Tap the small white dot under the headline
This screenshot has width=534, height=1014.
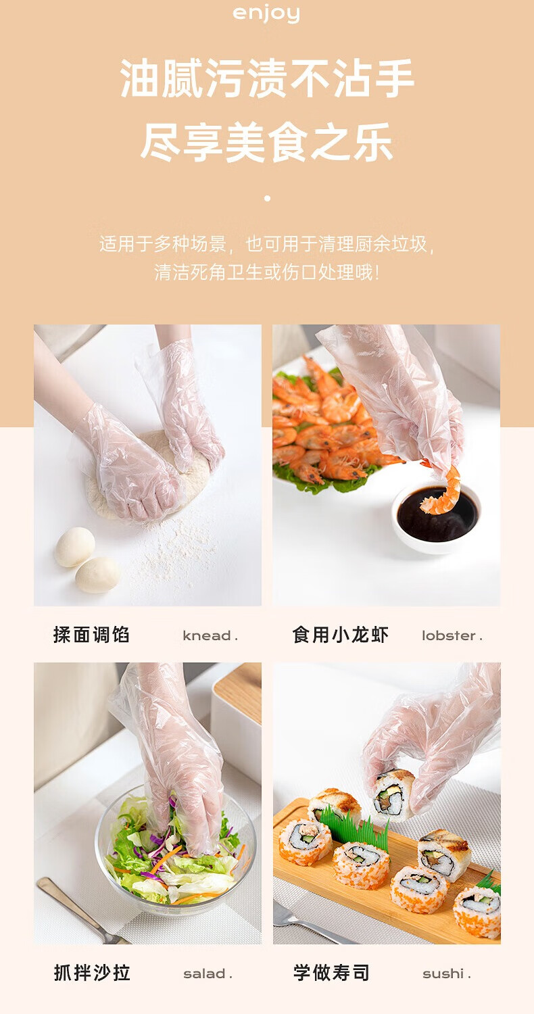[267, 198]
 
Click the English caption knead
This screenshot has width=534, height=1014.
[210, 635]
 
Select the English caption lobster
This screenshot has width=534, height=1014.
[452, 635]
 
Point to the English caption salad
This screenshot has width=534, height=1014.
[208, 973]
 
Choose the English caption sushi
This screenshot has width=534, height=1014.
[447, 973]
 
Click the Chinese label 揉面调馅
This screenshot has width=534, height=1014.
[91, 635]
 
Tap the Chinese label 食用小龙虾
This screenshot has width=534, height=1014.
[340, 635]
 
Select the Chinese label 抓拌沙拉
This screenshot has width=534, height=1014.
[92, 973]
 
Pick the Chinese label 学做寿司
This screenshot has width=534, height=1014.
[331, 973]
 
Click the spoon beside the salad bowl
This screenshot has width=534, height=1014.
[77, 908]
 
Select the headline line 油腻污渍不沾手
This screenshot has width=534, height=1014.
[267, 78]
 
